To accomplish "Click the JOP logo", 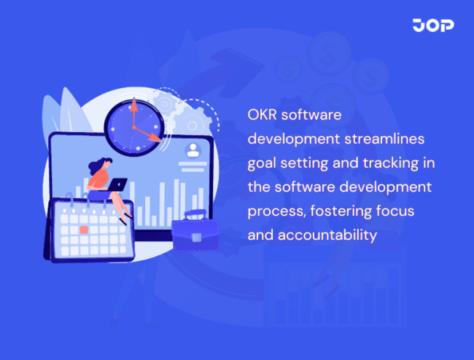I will tap(433, 26).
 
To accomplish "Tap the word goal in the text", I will tap(264, 163).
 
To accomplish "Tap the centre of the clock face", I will tap(133, 127).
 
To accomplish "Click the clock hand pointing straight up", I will tap(133, 113).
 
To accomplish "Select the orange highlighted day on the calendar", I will tap(84, 230).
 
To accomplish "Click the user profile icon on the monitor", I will tap(193, 151).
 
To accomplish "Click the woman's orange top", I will tap(96, 179).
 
